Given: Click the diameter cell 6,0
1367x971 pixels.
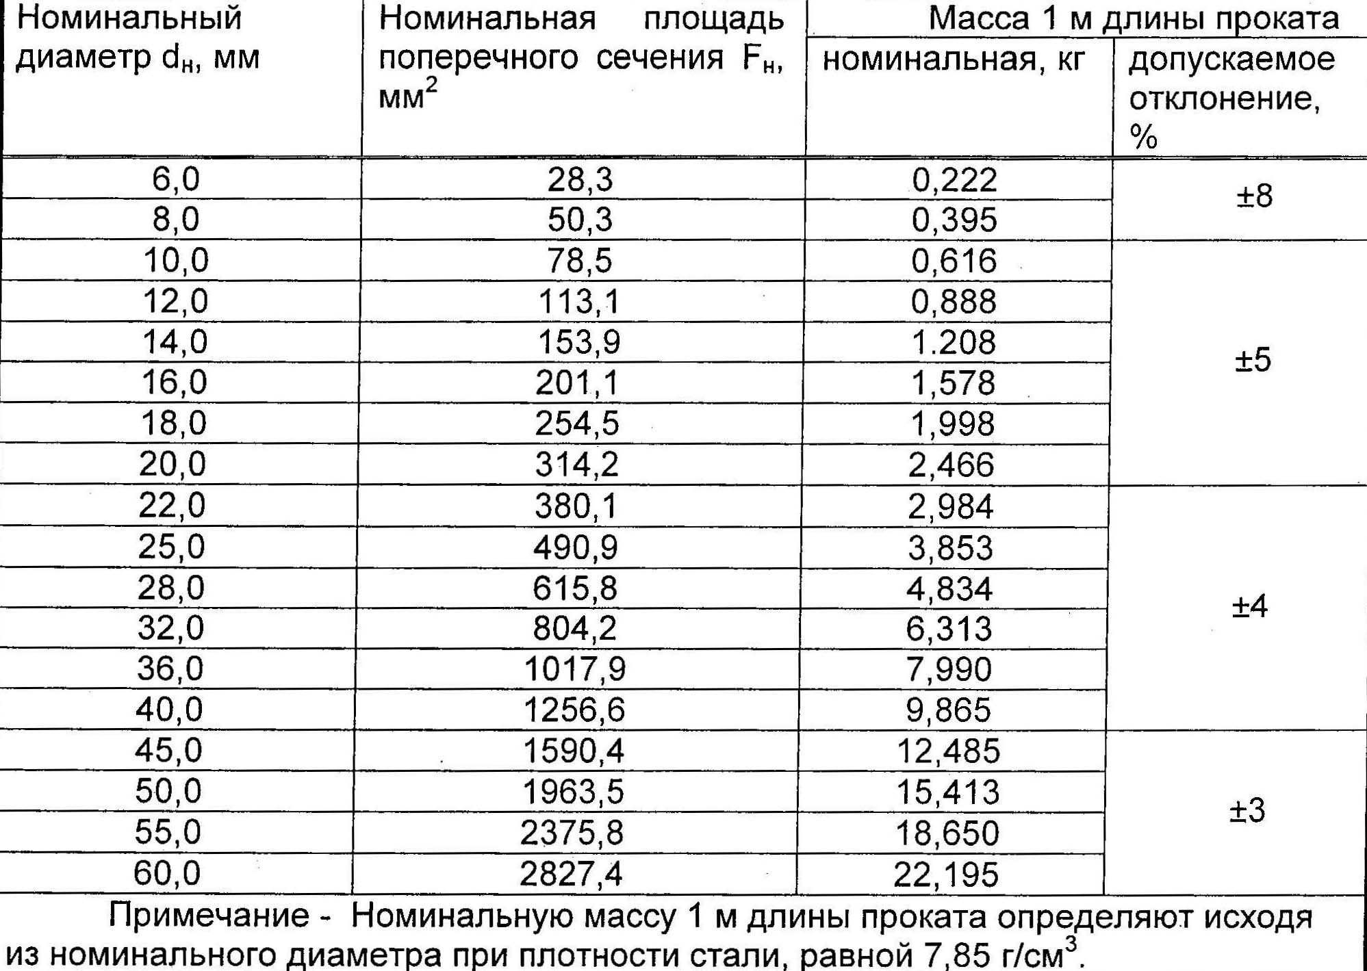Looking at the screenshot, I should [x=176, y=179].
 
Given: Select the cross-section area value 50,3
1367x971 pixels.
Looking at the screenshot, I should [x=580, y=220].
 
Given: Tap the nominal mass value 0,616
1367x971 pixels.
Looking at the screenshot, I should [x=954, y=261].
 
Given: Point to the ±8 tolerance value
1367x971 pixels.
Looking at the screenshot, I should [x=1254, y=196].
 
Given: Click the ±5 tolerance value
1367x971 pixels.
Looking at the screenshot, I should [x=1253, y=360].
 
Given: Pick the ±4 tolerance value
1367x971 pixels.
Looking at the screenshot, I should [x=1250, y=606].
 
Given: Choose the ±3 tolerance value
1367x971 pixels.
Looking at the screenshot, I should [x=1247, y=811].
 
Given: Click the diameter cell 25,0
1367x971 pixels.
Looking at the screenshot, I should [x=171, y=547].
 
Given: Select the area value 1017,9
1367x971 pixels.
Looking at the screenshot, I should [x=575, y=669].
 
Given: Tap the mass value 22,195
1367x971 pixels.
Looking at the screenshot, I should [x=946, y=875].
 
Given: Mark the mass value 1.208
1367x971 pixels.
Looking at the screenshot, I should [x=954, y=342].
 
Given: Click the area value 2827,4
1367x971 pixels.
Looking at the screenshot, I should [x=571, y=874].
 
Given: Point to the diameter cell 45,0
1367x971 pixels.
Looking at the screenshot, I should [x=168, y=750].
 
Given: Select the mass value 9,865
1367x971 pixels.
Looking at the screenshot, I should [x=949, y=710].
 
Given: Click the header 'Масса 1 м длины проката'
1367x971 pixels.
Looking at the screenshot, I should [x=1134, y=18].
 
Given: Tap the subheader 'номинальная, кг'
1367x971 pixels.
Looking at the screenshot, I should [x=954, y=60].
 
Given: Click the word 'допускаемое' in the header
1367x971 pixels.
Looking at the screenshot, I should [x=1231, y=60].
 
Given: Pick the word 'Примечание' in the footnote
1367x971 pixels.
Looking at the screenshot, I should [x=209, y=916].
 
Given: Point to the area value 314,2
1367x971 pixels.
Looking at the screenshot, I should [x=577, y=465].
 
